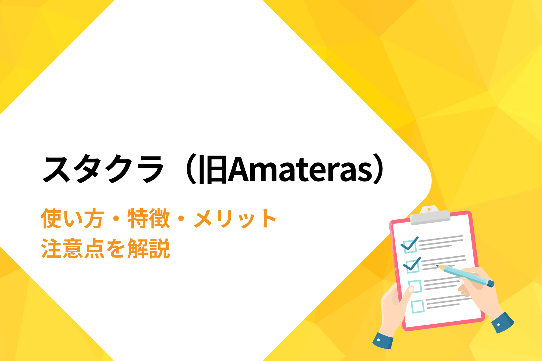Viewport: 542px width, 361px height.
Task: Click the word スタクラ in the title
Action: (x=103, y=169)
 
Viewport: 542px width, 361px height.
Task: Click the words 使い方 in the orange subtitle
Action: (x=73, y=219)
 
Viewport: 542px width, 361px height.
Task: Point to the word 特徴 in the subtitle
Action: (x=149, y=219)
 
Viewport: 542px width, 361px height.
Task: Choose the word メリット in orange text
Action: (x=235, y=219)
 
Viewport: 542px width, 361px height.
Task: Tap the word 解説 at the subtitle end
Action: (x=149, y=248)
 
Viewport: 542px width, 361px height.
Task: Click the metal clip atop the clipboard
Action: (x=430, y=215)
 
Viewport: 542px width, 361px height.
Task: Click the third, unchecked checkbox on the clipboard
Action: (x=415, y=286)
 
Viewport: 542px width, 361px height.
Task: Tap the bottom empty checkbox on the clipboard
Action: (x=418, y=307)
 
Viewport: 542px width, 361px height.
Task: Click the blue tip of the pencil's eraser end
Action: (x=491, y=284)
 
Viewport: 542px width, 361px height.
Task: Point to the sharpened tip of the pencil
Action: (x=437, y=266)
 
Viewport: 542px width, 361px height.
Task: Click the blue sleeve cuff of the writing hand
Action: (x=502, y=322)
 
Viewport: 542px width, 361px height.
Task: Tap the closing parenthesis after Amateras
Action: (x=379, y=169)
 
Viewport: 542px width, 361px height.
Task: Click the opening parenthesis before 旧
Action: (x=192, y=169)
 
